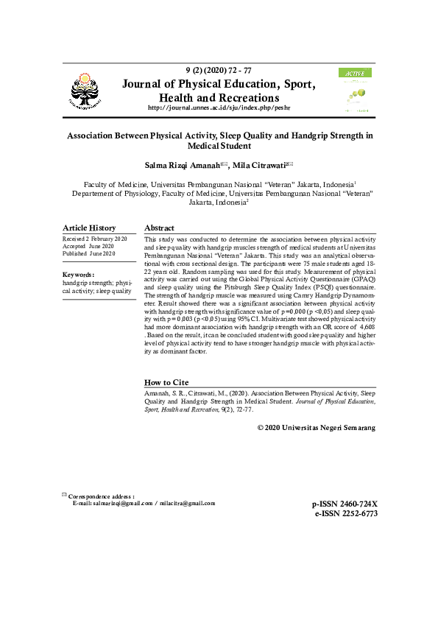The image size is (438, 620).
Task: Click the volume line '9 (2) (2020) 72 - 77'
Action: click(219, 69)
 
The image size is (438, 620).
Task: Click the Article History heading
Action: click(89, 228)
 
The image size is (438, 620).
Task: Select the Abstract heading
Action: click(159, 228)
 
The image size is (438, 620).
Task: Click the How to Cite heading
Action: click(166, 383)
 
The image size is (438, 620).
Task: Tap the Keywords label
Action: click(78, 275)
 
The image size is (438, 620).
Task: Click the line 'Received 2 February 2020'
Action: click(95, 240)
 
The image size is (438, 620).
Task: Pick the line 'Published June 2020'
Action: click(89, 253)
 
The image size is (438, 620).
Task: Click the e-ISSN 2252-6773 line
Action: click(345, 514)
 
